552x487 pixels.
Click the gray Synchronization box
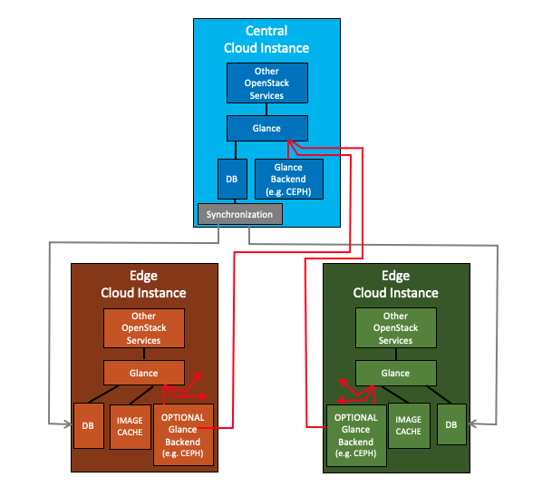tap(240, 215)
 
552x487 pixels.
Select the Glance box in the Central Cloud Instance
tap(266, 128)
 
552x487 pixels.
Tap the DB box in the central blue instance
tap(231, 180)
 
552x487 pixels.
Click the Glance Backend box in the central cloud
tap(289, 180)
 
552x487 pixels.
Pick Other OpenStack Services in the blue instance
tap(266, 83)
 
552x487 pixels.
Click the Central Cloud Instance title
tap(266, 40)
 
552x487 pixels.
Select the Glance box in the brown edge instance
tap(143, 373)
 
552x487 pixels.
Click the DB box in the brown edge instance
tap(88, 424)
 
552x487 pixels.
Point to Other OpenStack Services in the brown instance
tap(143, 328)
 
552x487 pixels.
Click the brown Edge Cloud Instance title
tap(143, 285)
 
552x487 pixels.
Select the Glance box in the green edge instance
tap(395, 373)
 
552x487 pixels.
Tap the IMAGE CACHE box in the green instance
tap(408, 424)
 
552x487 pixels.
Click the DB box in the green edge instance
tap(451, 424)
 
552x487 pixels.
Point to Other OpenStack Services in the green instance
tap(395, 328)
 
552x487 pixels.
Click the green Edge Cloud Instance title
tap(395, 285)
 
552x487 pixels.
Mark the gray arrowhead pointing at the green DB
tap(471, 424)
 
